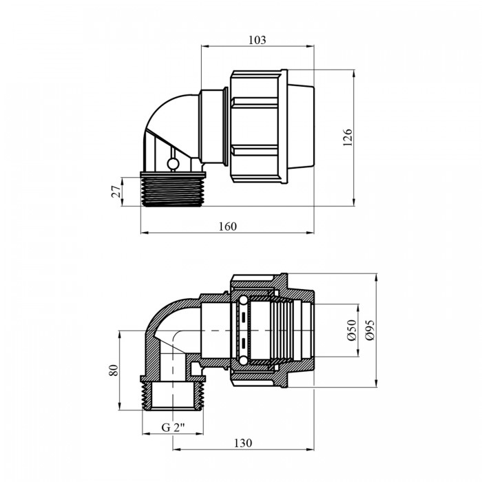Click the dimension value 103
click(x=258, y=40)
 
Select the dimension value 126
click(x=348, y=138)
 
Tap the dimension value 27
click(x=116, y=191)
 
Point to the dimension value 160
click(x=228, y=227)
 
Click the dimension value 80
click(x=114, y=370)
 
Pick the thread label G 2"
click(x=173, y=428)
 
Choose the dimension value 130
click(x=243, y=443)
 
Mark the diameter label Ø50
click(x=352, y=330)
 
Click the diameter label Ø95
click(x=370, y=330)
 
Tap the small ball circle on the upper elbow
click(x=172, y=164)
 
